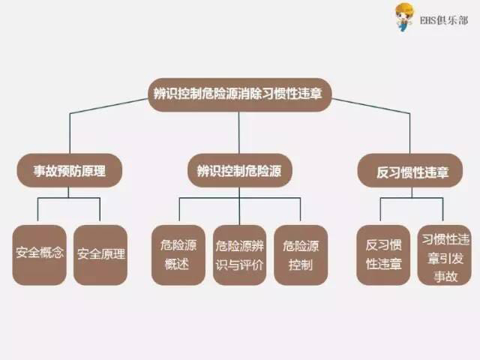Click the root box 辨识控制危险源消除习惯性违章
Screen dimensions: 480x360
(x=239, y=94)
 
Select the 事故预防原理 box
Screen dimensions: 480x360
(x=68, y=172)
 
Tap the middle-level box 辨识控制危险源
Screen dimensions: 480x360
(x=239, y=172)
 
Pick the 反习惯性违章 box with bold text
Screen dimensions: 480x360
(x=412, y=172)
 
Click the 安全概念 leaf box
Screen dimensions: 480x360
(x=40, y=254)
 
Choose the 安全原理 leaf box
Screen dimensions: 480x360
(x=100, y=254)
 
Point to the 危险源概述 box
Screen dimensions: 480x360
(x=178, y=254)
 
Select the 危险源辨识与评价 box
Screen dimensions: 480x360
(x=239, y=254)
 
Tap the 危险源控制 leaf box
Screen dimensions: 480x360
(x=301, y=254)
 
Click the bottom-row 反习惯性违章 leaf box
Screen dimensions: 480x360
(x=383, y=254)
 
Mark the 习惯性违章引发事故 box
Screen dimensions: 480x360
(x=445, y=254)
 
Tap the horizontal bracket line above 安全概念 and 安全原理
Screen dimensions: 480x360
(x=68, y=199)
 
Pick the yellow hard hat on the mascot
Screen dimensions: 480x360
(x=404, y=8)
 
